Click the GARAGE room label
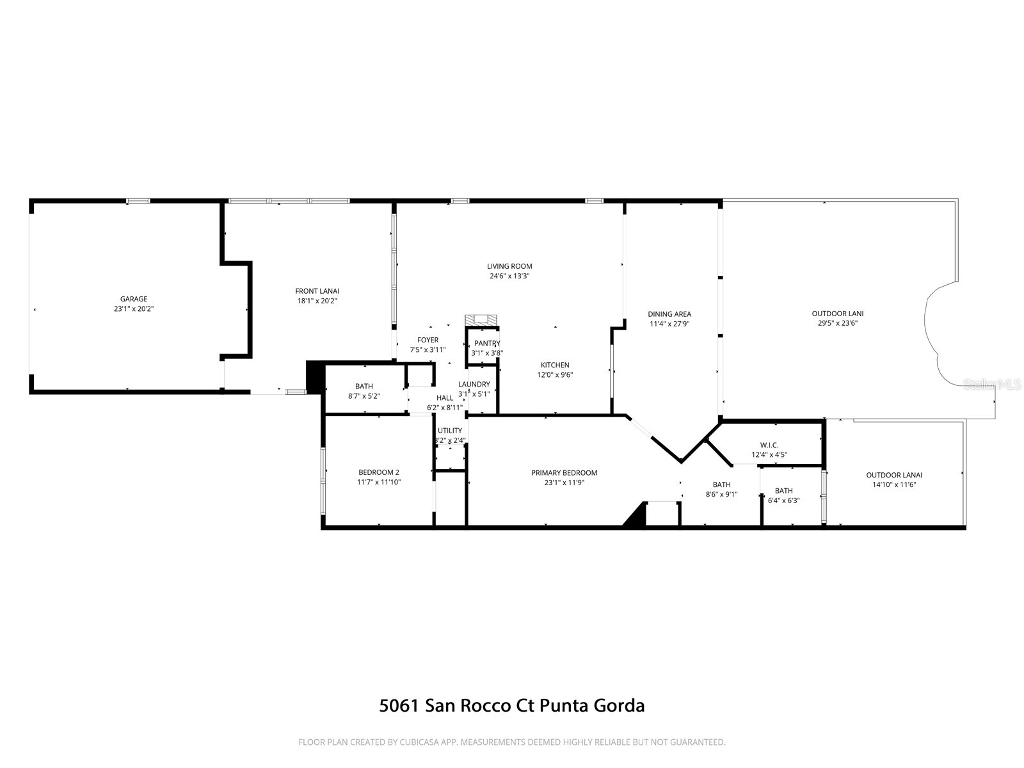pos(133,299)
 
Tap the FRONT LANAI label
pos(317,291)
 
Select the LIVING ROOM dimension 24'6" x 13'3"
pos(509,276)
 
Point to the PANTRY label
pos(487,344)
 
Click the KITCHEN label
pos(554,365)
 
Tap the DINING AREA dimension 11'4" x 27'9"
pos(669,324)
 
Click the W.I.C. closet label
pos(769,445)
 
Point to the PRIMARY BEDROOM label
pos(564,473)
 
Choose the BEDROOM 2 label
pos(379,472)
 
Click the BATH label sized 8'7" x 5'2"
pos(364,387)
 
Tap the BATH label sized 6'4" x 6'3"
pos(783,491)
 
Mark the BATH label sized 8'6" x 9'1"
pos(721,484)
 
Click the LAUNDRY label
pos(474,384)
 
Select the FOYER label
pos(428,340)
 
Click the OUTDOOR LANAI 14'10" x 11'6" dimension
pos(894,485)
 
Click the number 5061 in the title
pos(398,706)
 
